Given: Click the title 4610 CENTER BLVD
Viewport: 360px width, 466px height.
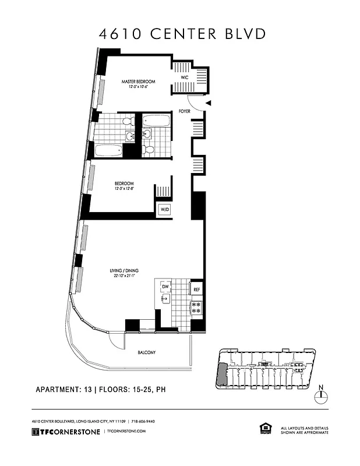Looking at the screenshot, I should click(182, 33).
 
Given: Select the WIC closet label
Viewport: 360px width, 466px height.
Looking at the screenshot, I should click(184, 77).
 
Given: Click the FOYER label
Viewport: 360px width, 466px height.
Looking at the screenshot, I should click(185, 111).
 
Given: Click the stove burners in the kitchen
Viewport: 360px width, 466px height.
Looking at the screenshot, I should click(197, 307).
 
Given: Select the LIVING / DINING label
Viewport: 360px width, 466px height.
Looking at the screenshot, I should click(123, 270).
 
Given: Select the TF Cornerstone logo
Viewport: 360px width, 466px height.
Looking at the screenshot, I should click(65, 431).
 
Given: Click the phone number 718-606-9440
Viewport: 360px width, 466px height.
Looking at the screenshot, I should click(141, 421).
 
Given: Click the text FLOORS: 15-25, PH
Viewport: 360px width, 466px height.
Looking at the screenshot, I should click(134, 389).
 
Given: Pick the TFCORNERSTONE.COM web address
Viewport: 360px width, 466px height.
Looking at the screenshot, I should click(125, 431).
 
